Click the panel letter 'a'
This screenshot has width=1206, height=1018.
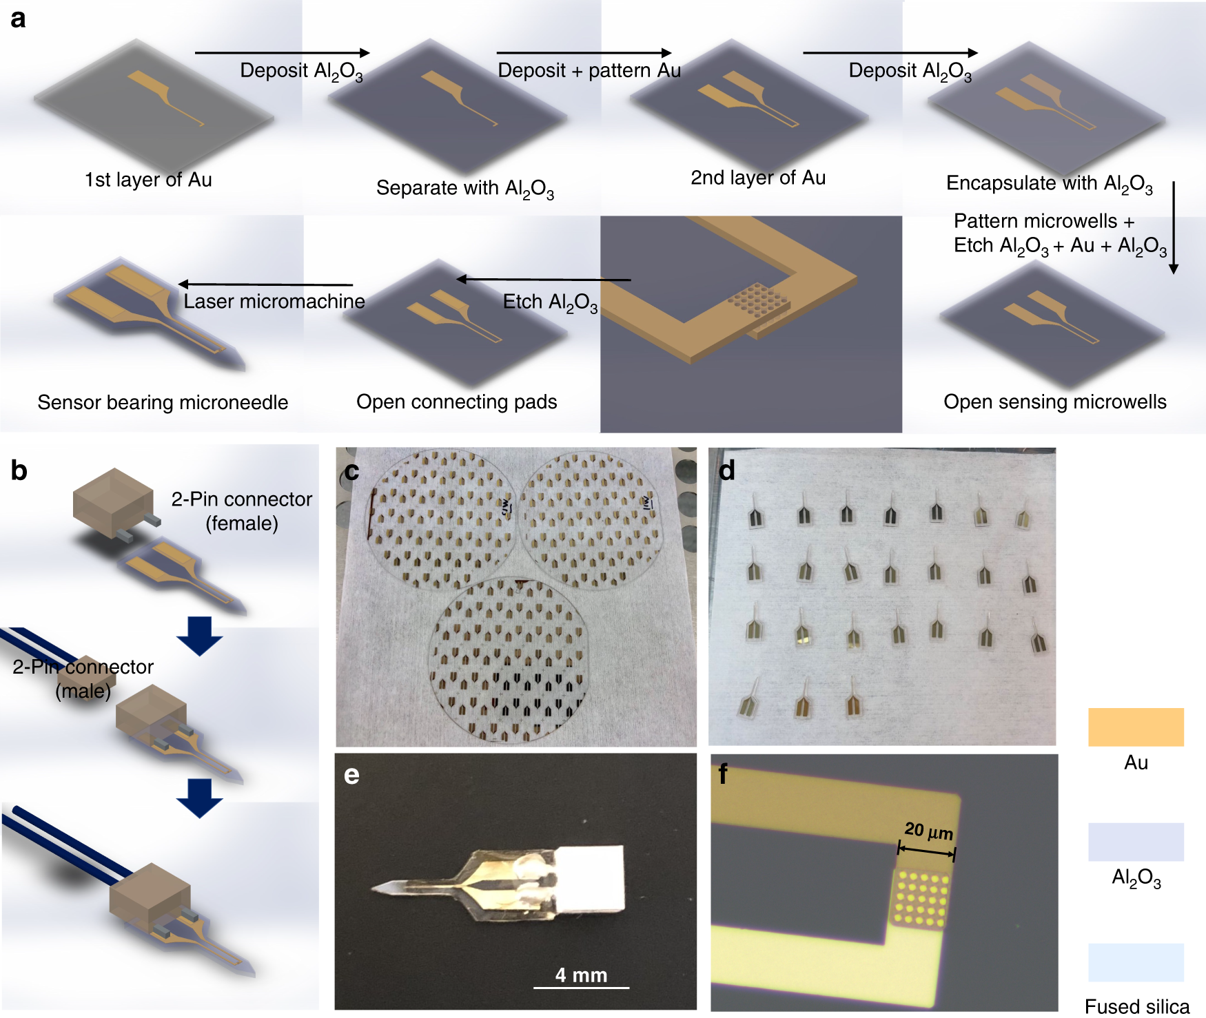pyautogui.click(x=19, y=19)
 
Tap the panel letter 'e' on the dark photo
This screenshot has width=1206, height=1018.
pyautogui.click(x=351, y=776)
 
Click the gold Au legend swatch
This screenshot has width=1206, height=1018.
pyautogui.click(x=1136, y=727)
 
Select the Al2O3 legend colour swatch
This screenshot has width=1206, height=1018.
pyautogui.click(x=1136, y=842)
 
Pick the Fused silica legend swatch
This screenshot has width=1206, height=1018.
pyautogui.click(x=1136, y=962)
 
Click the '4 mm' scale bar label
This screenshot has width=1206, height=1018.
pyautogui.click(x=581, y=975)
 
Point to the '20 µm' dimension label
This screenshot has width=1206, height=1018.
pyautogui.click(x=929, y=831)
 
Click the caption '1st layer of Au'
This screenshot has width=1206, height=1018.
pyautogui.click(x=148, y=180)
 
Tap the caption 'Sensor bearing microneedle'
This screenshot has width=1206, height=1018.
pyautogui.click(x=163, y=402)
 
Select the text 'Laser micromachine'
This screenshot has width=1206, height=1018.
pyautogui.click(x=274, y=301)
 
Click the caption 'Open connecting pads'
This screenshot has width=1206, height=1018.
pyautogui.click(x=456, y=402)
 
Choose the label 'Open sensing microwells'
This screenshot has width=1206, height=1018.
pyautogui.click(x=1055, y=402)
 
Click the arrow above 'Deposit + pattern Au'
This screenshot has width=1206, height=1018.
pyautogui.click(x=584, y=52)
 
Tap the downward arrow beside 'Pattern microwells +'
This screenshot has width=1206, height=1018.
pyautogui.click(x=1174, y=228)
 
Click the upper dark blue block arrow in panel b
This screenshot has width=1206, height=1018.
pyautogui.click(x=199, y=636)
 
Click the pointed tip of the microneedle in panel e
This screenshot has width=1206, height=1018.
pyautogui.click(x=373, y=889)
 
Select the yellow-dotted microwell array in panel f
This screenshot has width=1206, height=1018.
pyautogui.click(x=919, y=897)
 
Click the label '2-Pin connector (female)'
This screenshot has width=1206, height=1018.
pyautogui.click(x=242, y=511)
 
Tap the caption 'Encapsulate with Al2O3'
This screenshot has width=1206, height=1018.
pyautogui.click(x=1050, y=185)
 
